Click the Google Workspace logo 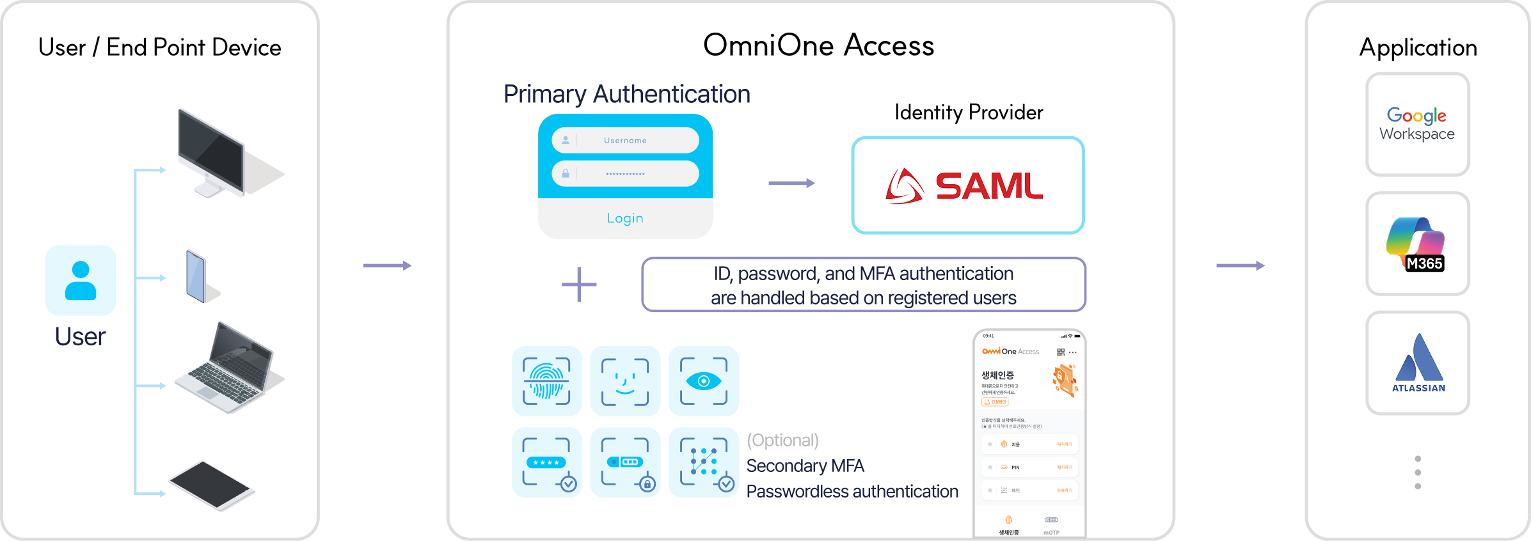[1417, 124]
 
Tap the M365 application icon [1417, 244]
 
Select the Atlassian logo [1418, 363]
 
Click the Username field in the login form [625, 140]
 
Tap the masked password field [625, 174]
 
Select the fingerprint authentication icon [546, 381]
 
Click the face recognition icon [625, 381]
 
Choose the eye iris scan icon [703, 381]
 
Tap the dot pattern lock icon [703, 462]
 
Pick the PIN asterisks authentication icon [546, 462]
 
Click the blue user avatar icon [81, 280]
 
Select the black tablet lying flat [210, 485]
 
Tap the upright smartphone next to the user [197, 276]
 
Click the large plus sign [579, 285]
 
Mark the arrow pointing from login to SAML [791, 184]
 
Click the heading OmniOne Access [818, 45]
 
